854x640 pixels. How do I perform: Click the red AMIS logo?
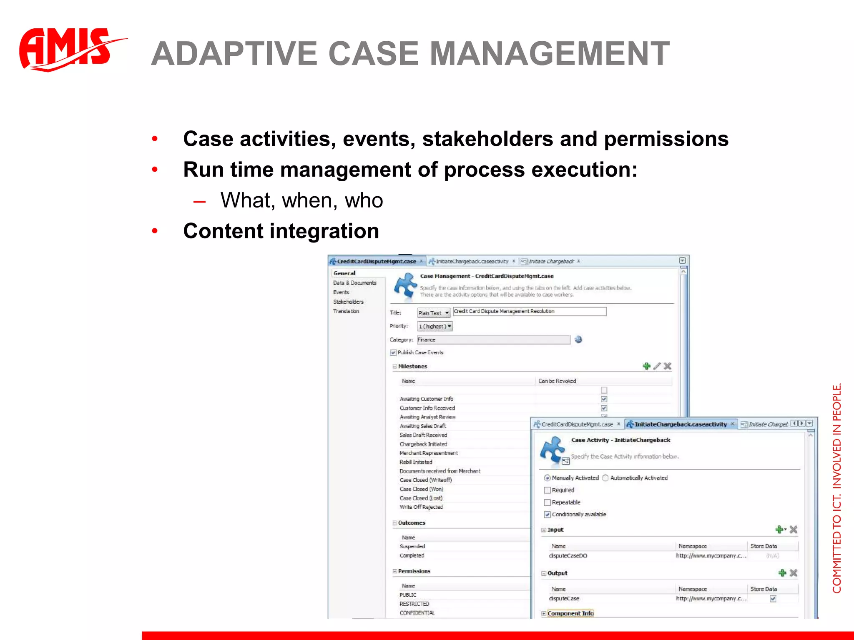tap(67, 49)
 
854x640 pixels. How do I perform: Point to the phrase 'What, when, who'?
tap(301, 200)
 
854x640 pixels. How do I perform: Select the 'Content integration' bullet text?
tap(281, 231)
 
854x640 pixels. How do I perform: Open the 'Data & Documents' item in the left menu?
tap(354, 283)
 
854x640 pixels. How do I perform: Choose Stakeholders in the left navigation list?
tap(348, 302)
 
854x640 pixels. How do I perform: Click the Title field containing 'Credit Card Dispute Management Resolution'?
tap(529, 311)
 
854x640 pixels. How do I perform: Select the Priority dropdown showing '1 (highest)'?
tap(435, 326)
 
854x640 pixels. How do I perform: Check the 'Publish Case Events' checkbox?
tap(393, 352)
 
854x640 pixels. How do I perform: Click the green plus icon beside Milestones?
tap(646, 366)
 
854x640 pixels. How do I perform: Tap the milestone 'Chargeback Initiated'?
tap(423, 444)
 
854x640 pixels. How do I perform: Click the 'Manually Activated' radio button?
tap(547, 478)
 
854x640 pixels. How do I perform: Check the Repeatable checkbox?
tap(548, 502)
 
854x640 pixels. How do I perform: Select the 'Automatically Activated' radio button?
tap(605, 478)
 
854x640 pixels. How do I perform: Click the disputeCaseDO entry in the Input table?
tap(568, 556)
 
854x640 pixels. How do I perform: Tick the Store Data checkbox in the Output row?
tap(773, 599)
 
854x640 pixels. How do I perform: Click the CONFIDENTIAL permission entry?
tap(417, 613)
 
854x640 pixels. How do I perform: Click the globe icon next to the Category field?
tap(578, 340)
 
